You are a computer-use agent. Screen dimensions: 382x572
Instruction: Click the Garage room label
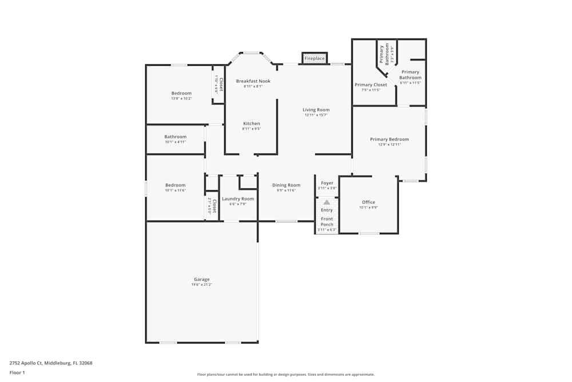point(201,279)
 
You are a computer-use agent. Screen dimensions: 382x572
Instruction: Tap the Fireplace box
point(314,58)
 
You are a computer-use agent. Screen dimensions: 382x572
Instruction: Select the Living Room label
point(316,110)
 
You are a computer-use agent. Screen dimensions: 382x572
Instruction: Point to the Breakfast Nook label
point(253,81)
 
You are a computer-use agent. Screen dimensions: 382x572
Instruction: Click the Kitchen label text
point(251,124)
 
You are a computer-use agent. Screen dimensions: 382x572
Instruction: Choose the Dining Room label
point(286,185)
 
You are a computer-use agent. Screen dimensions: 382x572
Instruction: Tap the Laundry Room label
point(238,199)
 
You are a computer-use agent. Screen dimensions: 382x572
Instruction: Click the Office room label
point(368,202)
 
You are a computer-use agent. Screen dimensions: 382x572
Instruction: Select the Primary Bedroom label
point(389,139)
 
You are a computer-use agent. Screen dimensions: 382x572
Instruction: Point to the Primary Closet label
point(371,85)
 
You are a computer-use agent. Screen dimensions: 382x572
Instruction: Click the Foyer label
point(327,183)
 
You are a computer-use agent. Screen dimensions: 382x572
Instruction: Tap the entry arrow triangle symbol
point(327,202)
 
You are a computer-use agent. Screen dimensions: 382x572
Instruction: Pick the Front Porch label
point(327,222)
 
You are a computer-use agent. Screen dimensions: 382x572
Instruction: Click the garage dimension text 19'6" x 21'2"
point(201,285)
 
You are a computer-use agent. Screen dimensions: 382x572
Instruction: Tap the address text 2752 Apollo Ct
point(51,363)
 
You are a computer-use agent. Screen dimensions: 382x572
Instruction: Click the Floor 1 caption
point(17,372)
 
